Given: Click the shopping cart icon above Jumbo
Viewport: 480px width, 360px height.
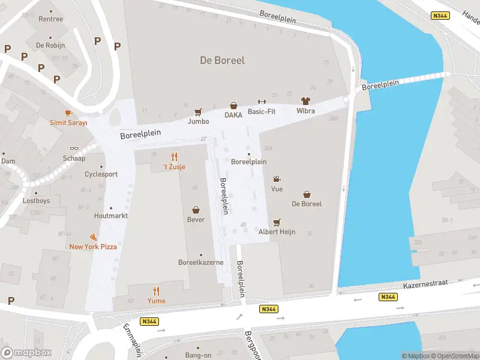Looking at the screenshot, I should pyautogui.click(x=198, y=112).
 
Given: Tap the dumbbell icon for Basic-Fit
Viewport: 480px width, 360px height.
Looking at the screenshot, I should pyautogui.click(x=261, y=101).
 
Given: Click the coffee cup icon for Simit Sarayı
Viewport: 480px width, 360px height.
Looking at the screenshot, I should pyautogui.click(x=68, y=113).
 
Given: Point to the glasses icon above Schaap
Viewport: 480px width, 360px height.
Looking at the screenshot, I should pyautogui.click(x=74, y=148).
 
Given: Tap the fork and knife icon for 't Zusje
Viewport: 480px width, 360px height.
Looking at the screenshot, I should pyautogui.click(x=174, y=157).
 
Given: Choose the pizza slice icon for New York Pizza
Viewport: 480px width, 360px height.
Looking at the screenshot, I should pyautogui.click(x=93, y=238).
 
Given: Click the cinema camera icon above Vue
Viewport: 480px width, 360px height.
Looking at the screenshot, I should pyautogui.click(x=277, y=179).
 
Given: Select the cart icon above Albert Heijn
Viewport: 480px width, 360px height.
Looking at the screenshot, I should pyautogui.click(x=277, y=222).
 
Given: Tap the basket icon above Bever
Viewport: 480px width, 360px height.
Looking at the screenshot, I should pyautogui.click(x=196, y=210).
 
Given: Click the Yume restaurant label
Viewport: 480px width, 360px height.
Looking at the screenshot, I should pyautogui.click(x=157, y=301).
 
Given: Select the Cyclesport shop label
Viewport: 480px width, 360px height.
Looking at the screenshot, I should pyautogui.click(x=101, y=175).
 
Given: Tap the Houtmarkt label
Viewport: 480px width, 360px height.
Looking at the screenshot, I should pyautogui.click(x=110, y=215).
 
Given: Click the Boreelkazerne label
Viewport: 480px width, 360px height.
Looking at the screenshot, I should pyautogui.click(x=201, y=262).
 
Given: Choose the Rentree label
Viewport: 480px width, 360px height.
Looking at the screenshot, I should pyautogui.click(x=50, y=19).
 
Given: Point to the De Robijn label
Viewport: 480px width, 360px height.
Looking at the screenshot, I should pyautogui.click(x=50, y=45).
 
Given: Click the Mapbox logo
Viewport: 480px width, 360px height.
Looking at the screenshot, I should pyautogui.click(x=26, y=353).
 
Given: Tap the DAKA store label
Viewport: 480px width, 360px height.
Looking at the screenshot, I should pyautogui.click(x=233, y=115).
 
